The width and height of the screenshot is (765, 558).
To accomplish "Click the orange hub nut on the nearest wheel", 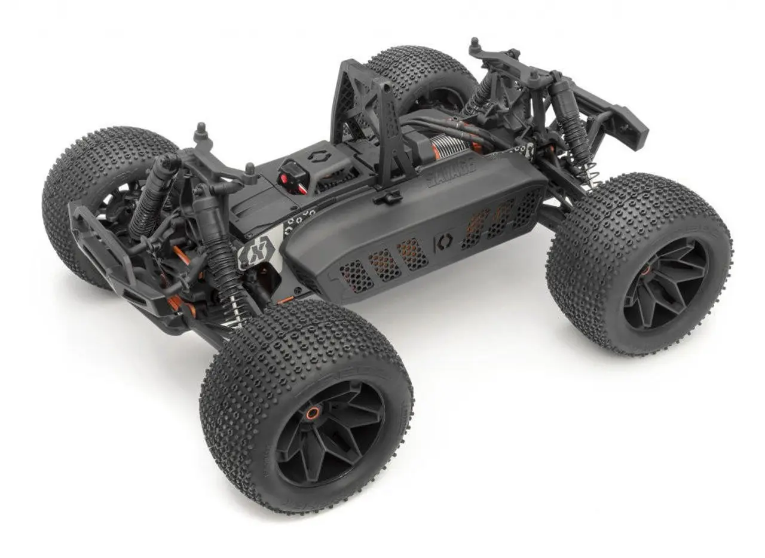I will [312, 412].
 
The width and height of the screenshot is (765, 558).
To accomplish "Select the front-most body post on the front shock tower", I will [201, 131].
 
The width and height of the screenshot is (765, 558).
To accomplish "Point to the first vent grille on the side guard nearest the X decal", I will [356, 276].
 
